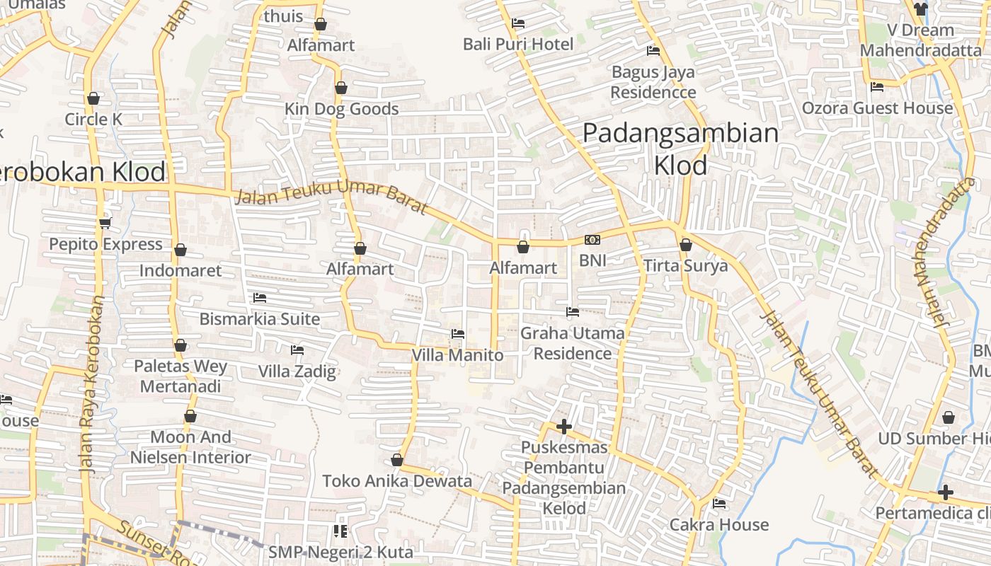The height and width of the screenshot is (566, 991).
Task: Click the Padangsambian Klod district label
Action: click(680, 149)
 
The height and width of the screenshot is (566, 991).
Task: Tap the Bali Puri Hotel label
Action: click(517, 45)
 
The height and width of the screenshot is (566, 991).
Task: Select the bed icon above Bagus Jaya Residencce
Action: click(653, 51)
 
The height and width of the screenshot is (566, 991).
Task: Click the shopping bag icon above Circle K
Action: click(93, 98)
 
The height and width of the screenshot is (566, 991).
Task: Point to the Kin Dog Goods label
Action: click(341, 109)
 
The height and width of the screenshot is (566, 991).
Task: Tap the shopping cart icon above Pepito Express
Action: click(105, 224)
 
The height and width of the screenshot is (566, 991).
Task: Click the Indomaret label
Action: click(180, 270)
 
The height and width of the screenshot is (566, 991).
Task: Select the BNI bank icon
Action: click(592, 241)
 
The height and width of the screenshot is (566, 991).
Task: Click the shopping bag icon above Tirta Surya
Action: click(685, 246)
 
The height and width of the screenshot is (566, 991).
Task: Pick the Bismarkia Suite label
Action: click(259, 318)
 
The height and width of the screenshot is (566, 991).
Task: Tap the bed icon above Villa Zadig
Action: click(297, 350)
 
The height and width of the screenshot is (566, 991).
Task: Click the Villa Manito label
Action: click(457, 355)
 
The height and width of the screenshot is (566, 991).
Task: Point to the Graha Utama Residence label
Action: click(572, 342)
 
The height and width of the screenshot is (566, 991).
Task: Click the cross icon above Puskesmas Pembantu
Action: click(564, 427)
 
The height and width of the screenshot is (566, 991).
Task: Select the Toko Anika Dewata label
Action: click(396, 481)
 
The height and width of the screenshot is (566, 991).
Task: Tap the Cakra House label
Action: click(718, 524)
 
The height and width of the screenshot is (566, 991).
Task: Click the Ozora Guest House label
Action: click(876, 108)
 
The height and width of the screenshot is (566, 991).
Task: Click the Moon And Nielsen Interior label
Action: click(190, 447)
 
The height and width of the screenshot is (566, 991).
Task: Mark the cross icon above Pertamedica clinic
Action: click(945, 492)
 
